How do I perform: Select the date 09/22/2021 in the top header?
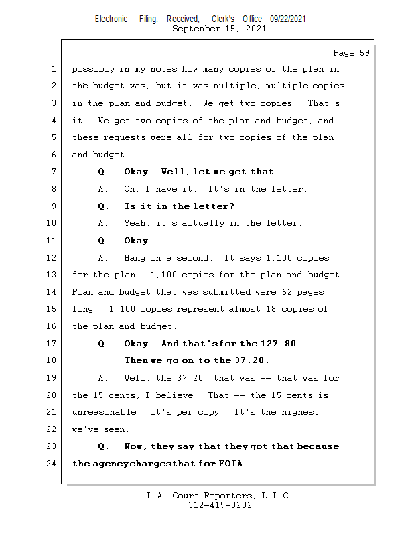click(288, 19)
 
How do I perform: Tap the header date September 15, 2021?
click(219, 29)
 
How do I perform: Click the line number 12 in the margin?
click(52, 258)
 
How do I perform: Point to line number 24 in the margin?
click(52, 464)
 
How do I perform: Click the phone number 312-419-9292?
click(220, 505)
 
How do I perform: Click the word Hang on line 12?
click(135, 258)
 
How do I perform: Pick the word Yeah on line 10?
click(136, 223)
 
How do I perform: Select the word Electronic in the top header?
click(111, 19)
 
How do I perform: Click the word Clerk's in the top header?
click(223, 19)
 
